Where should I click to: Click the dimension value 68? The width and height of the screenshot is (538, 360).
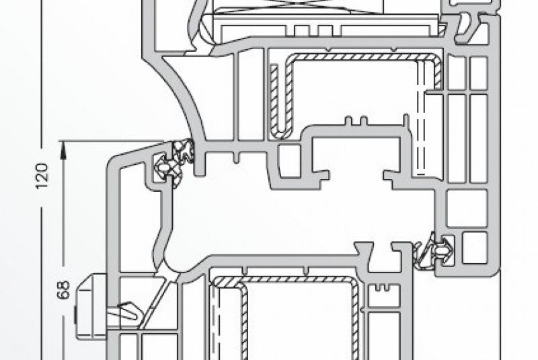[63, 290]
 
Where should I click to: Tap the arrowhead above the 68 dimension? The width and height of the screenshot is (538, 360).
[63, 150]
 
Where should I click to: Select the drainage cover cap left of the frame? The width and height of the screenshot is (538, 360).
[91, 306]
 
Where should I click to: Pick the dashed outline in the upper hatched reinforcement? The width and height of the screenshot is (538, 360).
[422, 116]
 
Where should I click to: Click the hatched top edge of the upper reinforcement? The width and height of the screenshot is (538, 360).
[360, 57]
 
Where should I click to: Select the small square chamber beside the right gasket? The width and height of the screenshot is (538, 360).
[475, 248]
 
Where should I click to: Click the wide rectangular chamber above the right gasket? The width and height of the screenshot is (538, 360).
[467, 209]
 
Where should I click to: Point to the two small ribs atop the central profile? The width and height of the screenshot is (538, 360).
[356, 121]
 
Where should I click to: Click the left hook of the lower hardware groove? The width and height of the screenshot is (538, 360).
[364, 254]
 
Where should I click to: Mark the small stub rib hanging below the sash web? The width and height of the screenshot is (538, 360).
[236, 156]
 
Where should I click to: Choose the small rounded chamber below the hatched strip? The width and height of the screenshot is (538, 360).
[289, 161]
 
